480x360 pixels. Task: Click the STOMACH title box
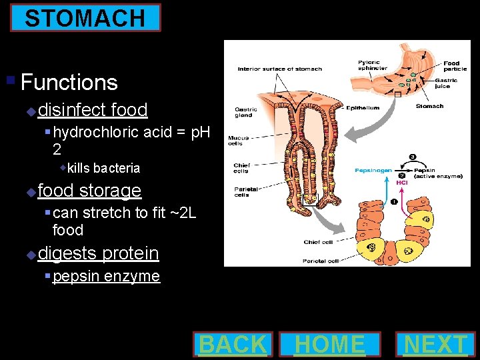(x=85, y=18)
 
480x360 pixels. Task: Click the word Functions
(x=69, y=83)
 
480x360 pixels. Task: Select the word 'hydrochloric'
(x=97, y=132)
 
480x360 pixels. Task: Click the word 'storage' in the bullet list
(x=110, y=191)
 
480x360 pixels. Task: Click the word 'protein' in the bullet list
(x=130, y=253)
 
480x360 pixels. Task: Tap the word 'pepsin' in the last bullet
(x=75, y=276)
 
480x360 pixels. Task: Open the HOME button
(x=330, y=344)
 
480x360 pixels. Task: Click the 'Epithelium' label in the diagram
(x=364, y=108)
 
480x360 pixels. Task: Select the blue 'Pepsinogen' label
(x=373, y=171)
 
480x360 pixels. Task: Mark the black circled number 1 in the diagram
(x=393, y=201)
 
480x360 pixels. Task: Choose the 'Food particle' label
(x=451, y=67)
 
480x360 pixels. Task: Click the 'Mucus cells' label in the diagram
(x=239, y=141)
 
